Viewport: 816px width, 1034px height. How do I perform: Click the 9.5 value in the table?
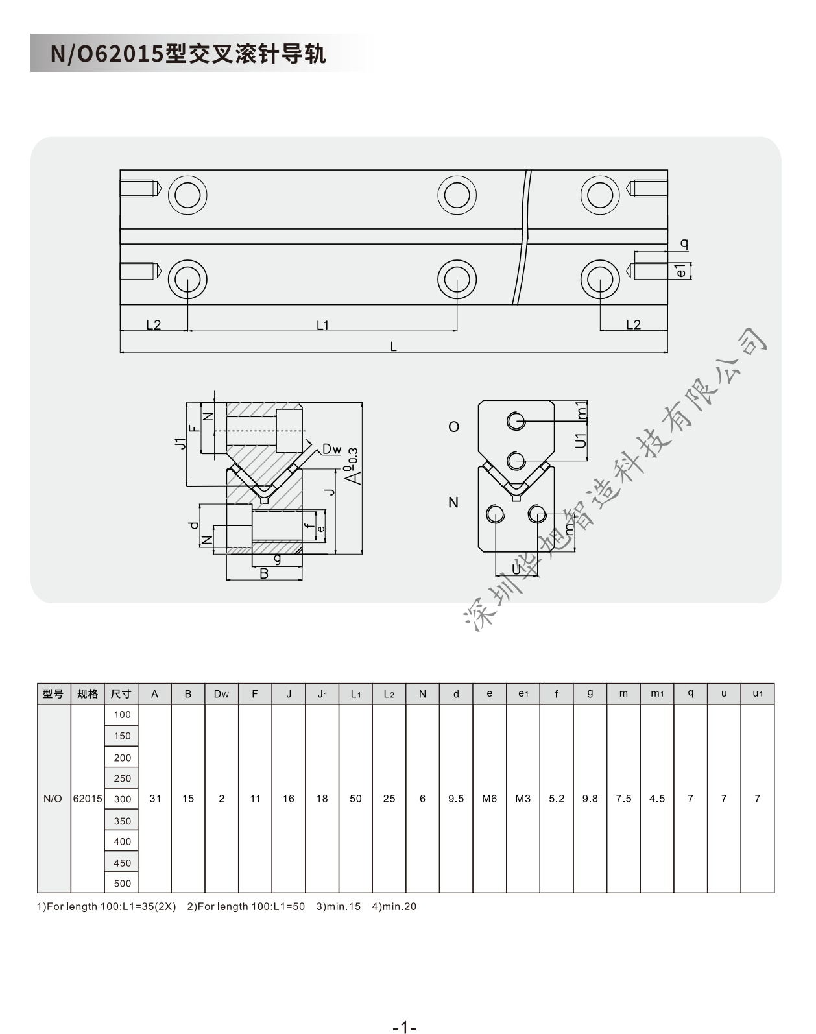tap(455, 799)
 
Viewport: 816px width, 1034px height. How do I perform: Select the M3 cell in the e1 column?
tap(523, 799)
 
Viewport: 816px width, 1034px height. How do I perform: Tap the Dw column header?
tap(222, 694)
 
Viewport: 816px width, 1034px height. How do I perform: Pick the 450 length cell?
tap(121, 863)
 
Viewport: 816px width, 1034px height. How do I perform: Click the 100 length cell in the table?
tap(121, 714)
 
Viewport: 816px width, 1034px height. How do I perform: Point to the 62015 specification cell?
tap(88, 799)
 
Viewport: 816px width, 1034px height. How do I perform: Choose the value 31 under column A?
tap(155, 799)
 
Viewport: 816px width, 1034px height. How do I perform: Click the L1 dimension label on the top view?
tap(322, 325)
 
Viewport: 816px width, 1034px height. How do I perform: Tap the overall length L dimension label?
tap(393, 346)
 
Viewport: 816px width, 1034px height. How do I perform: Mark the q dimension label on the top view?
tap(684, 244)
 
